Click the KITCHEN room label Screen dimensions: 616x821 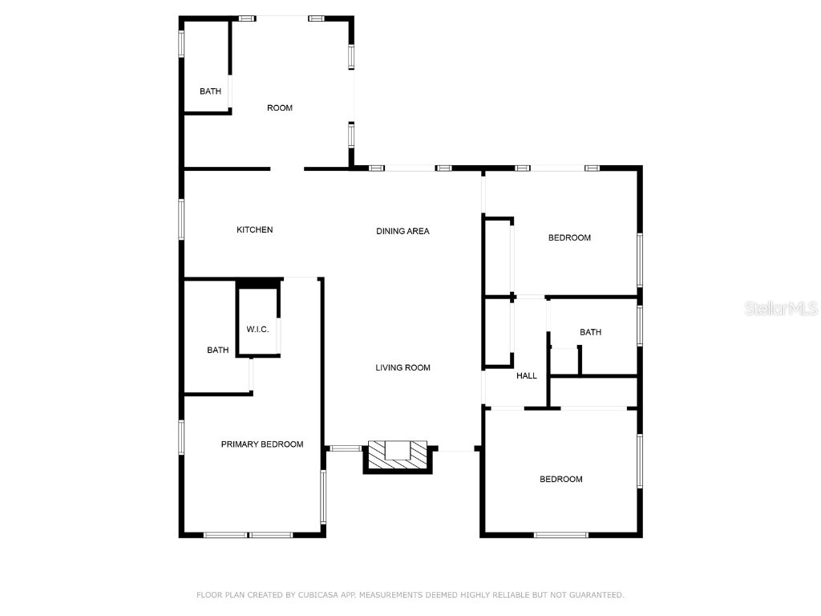point(254,230)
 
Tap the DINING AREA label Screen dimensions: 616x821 point(402,231)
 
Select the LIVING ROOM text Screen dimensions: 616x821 point(402,368)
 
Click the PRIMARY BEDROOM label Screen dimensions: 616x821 point(262,444)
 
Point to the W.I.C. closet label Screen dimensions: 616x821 point(257,330)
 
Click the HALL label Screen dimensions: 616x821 point(527,375)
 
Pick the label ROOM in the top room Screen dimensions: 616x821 point(280,108)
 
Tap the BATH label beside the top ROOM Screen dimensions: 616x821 point(210,91)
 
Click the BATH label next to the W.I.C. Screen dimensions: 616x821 point(217,351)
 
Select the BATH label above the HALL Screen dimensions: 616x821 point(590,332)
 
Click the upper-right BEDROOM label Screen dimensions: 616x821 point(569,237)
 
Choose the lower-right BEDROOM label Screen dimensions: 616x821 point(560,480)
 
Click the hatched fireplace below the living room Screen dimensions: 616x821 point(398,454)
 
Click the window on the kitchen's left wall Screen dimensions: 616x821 point(182,219)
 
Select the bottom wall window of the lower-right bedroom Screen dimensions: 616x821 point(560,534)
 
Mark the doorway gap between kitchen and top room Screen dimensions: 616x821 point(287,169)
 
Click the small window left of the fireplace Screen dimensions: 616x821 point(346,448)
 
